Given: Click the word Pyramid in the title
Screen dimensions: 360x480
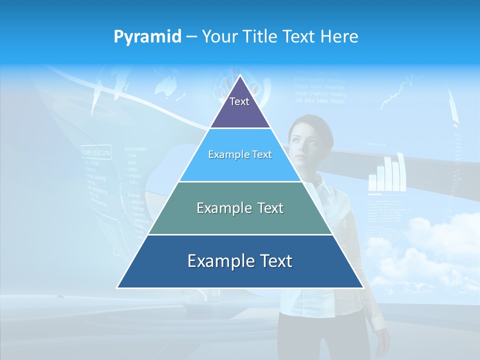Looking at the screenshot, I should (x=147, y=37).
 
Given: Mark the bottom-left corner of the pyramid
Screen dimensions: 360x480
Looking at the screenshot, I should (x=117, y=287).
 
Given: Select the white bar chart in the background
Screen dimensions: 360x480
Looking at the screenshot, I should (x=387, y=175).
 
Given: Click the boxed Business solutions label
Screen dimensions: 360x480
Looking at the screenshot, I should (x=96, y=151).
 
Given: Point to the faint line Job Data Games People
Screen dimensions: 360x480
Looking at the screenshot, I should (x=319, y=100).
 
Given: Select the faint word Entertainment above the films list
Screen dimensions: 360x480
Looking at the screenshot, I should (x=135, y=148).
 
